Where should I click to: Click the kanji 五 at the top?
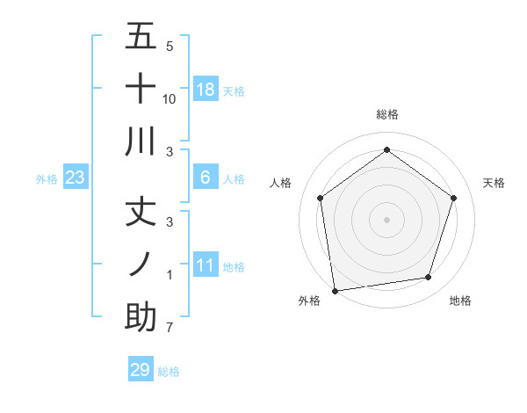pos(141,37)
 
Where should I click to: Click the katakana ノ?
pos(141,264)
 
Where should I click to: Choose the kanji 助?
pos(141,316)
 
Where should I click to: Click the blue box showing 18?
pos(206,90)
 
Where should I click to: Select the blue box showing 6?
pos(206,178)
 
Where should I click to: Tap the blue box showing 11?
pos(206,265)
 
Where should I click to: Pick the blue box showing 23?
pos(76,178)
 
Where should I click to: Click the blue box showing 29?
pos(141,370)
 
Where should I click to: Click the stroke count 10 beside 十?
pos(170,99)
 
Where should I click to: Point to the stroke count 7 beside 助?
pos(170,328)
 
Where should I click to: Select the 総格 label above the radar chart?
pos(386,114)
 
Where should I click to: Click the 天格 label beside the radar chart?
pos(494,183)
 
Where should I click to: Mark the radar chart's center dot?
pos(386,219)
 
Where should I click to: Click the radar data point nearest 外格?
pos(335,290)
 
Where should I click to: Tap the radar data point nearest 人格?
pos(321,198)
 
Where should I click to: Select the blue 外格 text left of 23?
pos(47,178)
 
